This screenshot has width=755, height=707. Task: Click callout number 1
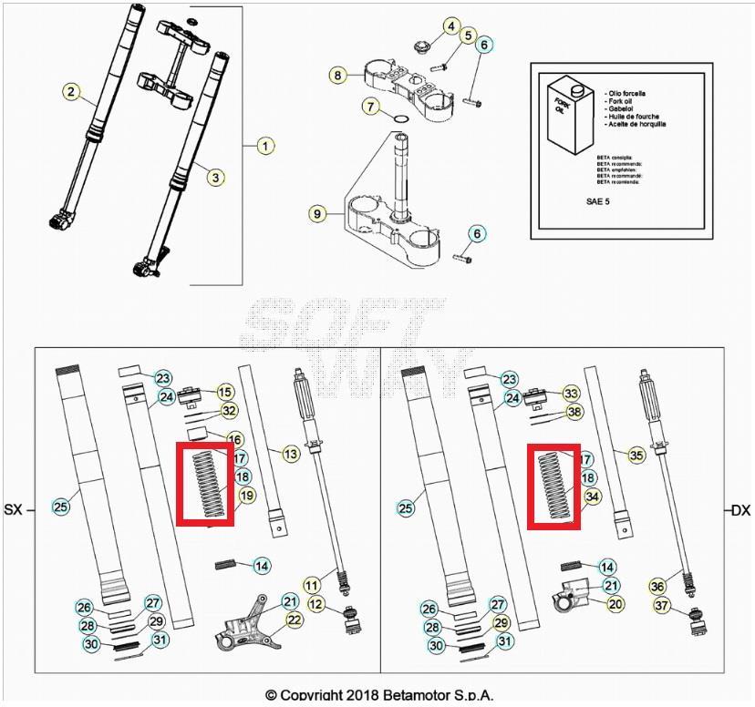point(264,145)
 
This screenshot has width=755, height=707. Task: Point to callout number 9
point(316,214)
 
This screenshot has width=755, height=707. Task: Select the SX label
point(13,510)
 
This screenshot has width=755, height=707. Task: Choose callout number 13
point(290,454)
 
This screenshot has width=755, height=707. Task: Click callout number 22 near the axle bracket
point(294,620)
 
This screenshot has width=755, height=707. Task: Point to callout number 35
point(636,454)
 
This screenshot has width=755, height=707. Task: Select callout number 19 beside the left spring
point(245,496)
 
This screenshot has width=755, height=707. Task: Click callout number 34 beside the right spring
point(593,497)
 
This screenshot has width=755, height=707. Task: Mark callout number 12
point(315,603)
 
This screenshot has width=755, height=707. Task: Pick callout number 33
point(571,394)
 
